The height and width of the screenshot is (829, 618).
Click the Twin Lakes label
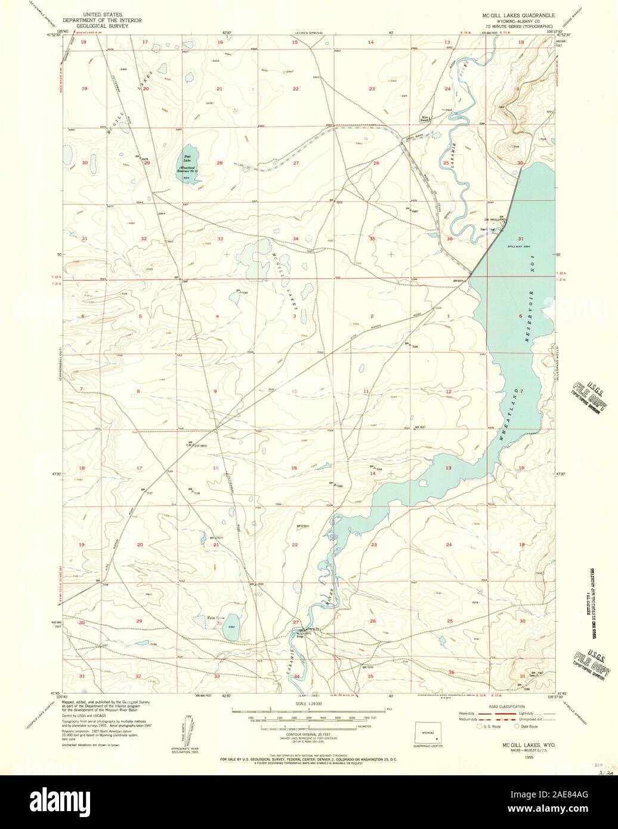(215, 618)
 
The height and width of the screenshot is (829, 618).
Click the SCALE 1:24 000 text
(308, 704)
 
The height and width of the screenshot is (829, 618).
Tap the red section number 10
(293, 391)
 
